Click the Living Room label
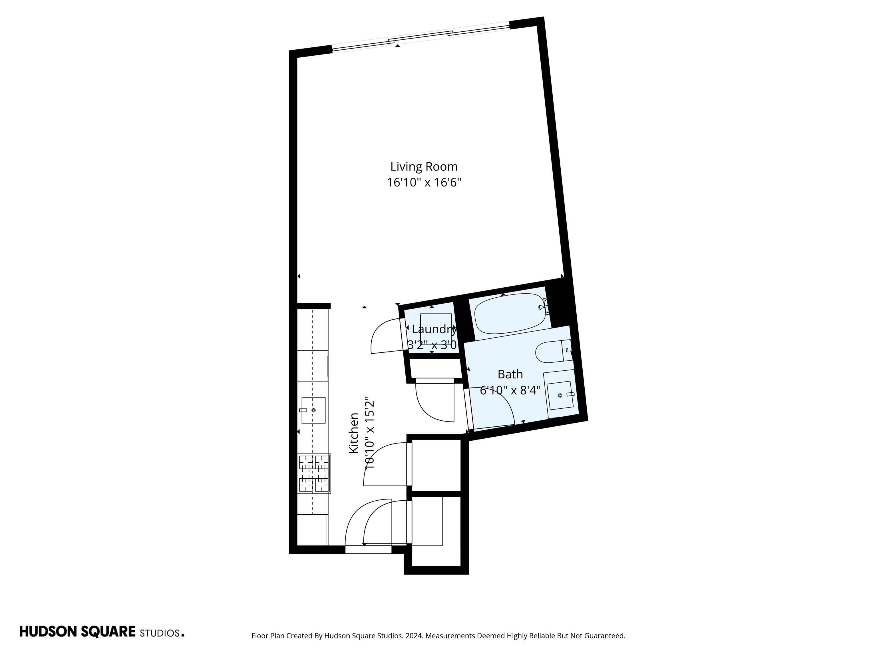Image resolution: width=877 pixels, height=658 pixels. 424,166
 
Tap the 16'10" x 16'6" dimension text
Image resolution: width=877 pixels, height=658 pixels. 424,183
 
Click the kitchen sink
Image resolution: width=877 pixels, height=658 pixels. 313,410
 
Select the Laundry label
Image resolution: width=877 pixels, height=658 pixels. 434,329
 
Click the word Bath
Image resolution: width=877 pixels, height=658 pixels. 510,374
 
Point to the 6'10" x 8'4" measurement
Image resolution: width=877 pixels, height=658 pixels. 510,391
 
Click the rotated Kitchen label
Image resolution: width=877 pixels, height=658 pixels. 354,433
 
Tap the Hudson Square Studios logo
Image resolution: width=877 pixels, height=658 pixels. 102,632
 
